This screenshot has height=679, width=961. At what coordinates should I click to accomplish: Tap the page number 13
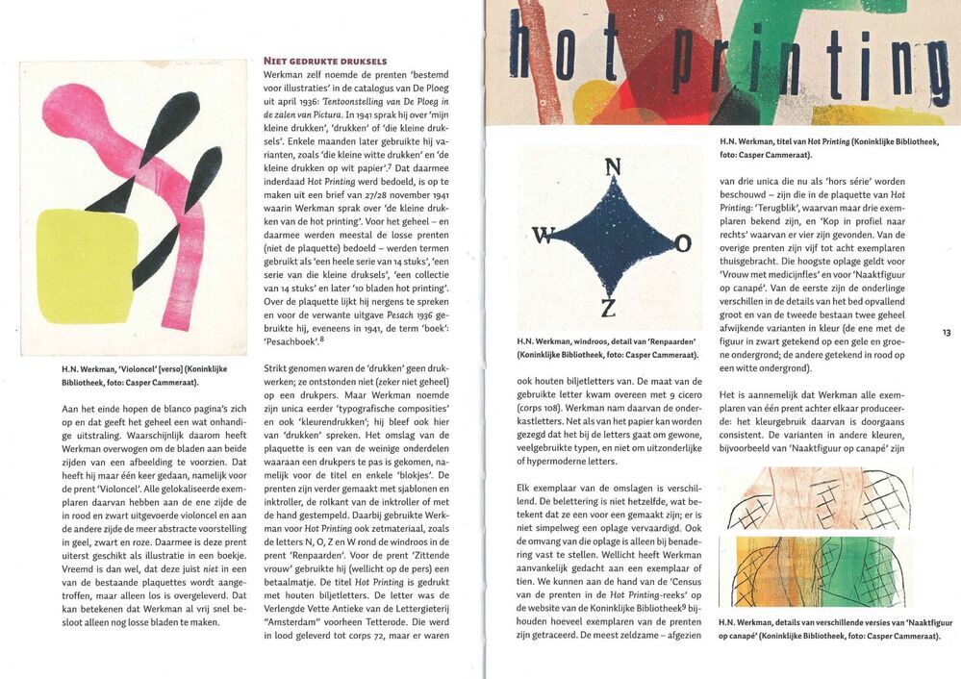coord(947,333)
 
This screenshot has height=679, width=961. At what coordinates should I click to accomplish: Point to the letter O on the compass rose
coord(682,244)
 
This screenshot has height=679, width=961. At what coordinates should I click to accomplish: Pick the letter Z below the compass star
coord(608,309)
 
